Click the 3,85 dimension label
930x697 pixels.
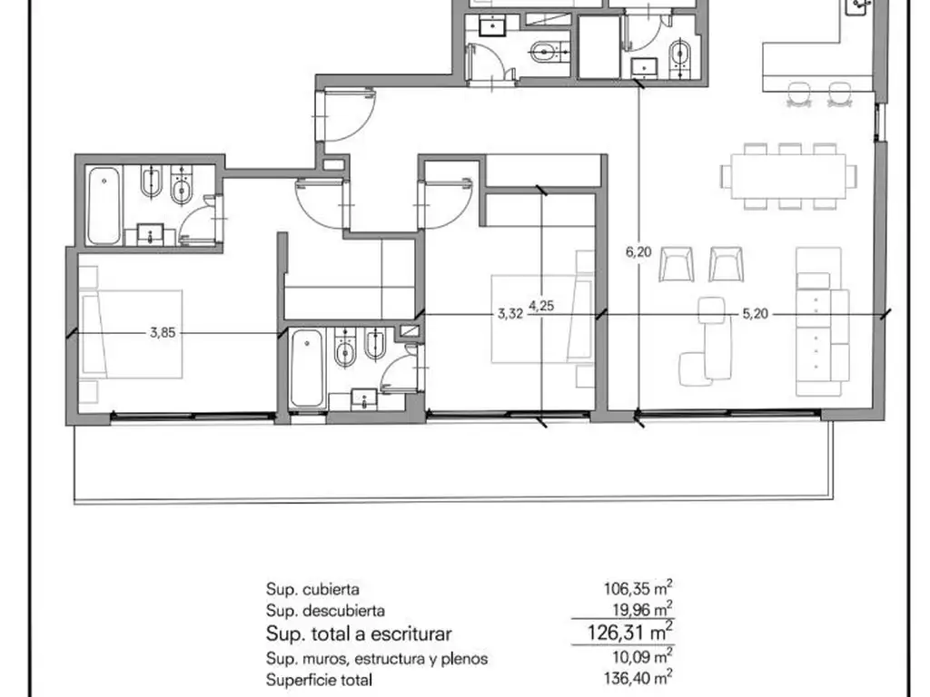[x=162, y=332]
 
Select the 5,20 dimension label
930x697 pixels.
[x=755, y=314]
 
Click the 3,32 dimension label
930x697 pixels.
[x=510, y=314]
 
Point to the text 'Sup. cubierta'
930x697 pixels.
[x=307, y=588]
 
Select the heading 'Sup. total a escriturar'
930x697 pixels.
[x=359, y=633]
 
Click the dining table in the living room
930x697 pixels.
[x=788, y=175]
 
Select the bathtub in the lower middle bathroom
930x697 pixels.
[x=307, y=368]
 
